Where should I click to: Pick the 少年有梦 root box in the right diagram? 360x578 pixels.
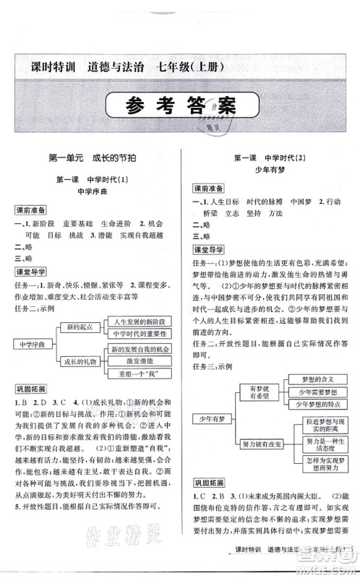pos(210,418)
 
